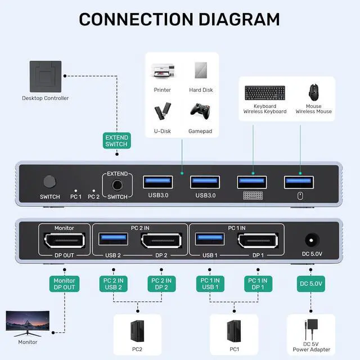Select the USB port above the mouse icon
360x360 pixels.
point(299,182)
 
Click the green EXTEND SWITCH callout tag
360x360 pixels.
point(116,141)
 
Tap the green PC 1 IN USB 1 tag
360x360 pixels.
point(210,283)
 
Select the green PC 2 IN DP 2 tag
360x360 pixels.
point(161,283)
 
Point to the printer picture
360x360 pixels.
point(163,71)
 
